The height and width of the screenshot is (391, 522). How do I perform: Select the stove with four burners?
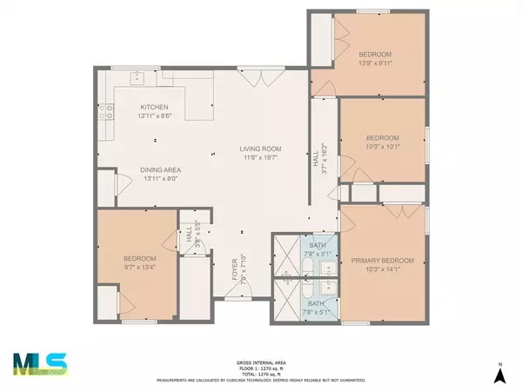(x=104, y=111)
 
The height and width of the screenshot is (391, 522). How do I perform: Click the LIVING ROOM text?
(x=260, y=149)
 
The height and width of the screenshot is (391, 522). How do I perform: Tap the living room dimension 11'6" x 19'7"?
(x=260, y=157)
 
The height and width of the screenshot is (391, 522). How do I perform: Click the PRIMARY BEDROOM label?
(x=382, y=260)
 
